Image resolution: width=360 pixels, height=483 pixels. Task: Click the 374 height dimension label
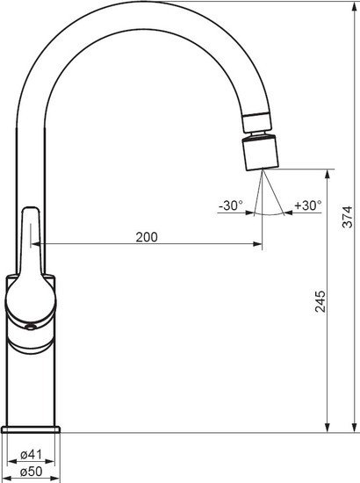348,217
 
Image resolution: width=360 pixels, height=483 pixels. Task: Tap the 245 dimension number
320,301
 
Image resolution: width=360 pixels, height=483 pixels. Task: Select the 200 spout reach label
147,237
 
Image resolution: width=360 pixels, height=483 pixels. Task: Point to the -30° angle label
231,205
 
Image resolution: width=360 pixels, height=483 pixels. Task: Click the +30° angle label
308,205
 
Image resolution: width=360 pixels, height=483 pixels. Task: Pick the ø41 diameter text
31,455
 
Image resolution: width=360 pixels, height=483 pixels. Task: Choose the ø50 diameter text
31,472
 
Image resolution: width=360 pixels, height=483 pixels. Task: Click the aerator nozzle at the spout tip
261,153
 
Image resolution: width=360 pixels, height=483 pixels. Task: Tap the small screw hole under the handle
30,328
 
